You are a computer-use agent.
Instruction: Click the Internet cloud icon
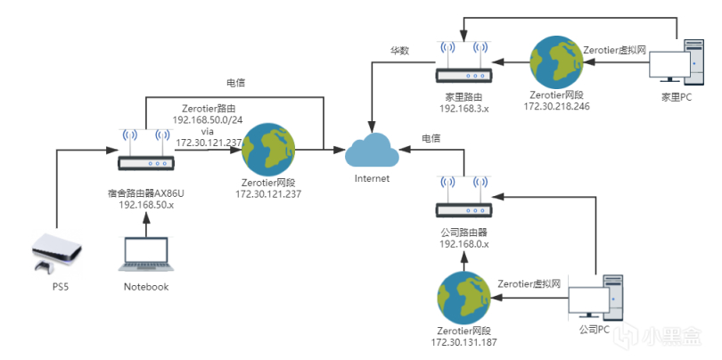point(372,151)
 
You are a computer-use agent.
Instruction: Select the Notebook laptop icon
point(145,254)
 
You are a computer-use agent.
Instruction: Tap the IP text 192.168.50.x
point(145,203)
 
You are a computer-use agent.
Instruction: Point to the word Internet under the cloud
point(373,178)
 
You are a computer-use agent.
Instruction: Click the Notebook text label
point(145,287)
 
